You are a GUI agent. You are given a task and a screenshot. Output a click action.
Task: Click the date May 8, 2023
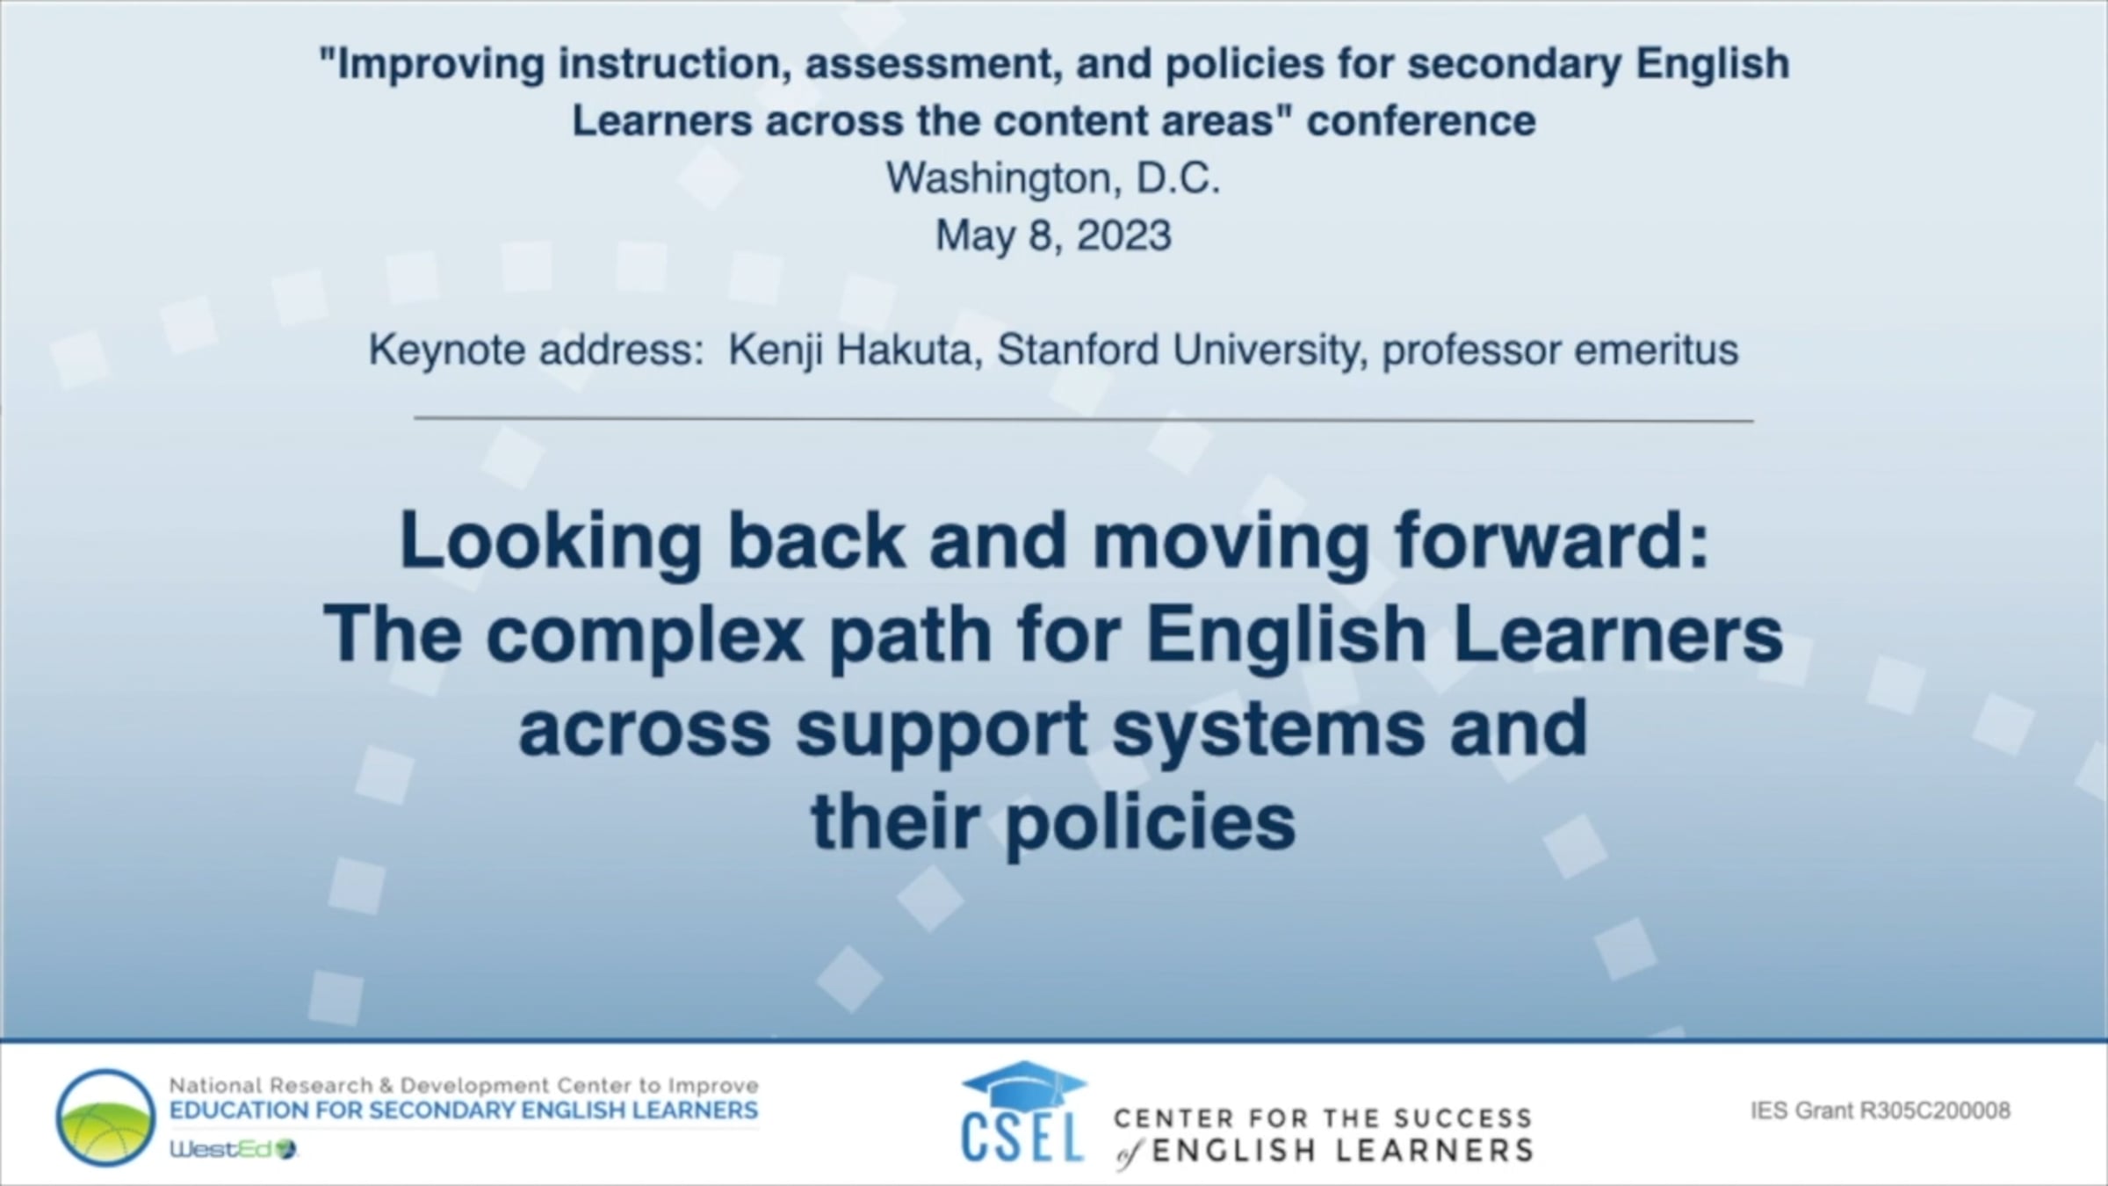pyautogui.click(x=1053, y=236)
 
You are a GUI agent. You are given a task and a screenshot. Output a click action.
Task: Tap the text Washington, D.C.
pyautogui.click(x=1053, y=178)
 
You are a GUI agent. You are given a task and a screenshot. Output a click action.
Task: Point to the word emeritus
pyautogui.click(x=1656, y=350)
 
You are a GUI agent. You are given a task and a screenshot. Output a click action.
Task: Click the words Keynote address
pyautogui.click(x=535, y=350)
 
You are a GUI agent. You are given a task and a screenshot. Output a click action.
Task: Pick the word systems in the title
pyautogui.click(x=1269, y=730)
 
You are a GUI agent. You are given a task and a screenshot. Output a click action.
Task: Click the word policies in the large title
pyautogui.click(x=1151, y=823)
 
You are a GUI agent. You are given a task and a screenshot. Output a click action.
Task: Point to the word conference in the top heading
pyautogui.click(x=1421, y=120)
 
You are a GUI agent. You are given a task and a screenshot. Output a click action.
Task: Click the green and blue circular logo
pyautogui.click(x=105, y=1117)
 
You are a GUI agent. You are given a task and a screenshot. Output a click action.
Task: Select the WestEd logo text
pyautogui.click(x=234, y=1148)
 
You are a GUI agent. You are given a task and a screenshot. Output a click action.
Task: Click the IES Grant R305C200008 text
pyautogui.click(x=1881, y=1111)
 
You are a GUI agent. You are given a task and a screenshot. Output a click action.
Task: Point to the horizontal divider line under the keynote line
pyautogui.click(x=1084, y=420)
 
